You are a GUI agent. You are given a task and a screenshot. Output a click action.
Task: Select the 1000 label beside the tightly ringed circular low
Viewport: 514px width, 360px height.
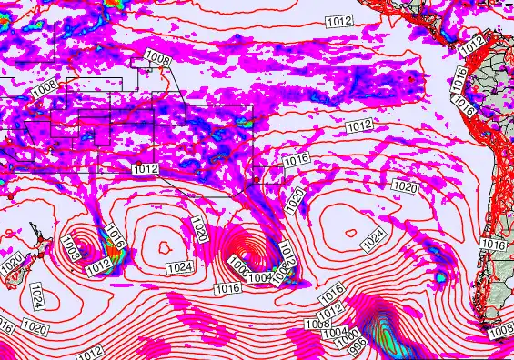point(238,265)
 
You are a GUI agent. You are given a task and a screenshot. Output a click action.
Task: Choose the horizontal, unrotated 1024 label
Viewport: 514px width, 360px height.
point(179,267)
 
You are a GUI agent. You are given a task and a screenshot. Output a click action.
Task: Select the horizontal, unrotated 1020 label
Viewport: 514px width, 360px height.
point(406,186)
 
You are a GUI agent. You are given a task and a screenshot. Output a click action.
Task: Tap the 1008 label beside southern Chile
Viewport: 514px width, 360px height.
point(499,332)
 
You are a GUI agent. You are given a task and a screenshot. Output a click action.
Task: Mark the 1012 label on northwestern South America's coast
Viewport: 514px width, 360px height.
point(472,45)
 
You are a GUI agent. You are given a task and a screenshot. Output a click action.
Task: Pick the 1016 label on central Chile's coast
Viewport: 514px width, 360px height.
point(493,245)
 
